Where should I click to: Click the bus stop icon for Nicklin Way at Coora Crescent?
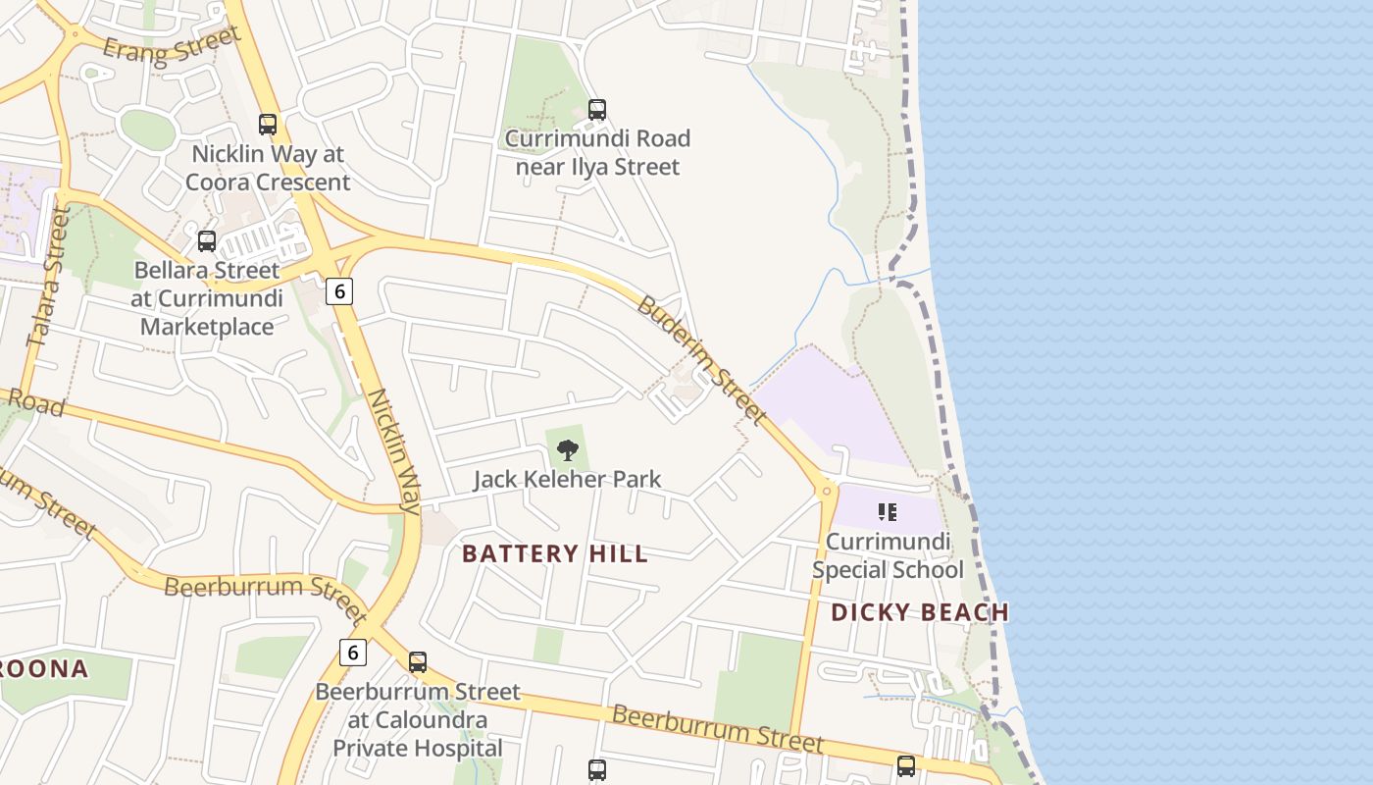click(268, 125)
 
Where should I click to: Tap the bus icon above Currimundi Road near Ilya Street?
click(596, 109)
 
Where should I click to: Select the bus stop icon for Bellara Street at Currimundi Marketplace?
click(207, 240)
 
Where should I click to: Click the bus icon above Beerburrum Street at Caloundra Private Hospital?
click(418, 662)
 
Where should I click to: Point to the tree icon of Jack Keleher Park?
click(567, 450)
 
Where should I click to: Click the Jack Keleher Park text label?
click(567, 479)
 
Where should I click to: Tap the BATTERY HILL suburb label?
click(555, 553)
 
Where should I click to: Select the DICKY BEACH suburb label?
click(920, 612)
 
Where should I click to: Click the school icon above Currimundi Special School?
click(888, 511)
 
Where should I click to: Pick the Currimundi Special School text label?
click(888, 555)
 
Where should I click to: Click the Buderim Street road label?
click(700, 359)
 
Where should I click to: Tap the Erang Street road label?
click(172, 44)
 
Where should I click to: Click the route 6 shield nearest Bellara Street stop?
click(338, 291)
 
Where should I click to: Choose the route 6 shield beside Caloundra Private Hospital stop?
click(353, 652)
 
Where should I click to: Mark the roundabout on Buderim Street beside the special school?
click(827, 489)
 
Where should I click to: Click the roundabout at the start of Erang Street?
click(75, 34)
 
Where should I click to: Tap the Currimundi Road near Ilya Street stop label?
click(596, 152)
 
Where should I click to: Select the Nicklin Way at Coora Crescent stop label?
click(268, 168)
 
